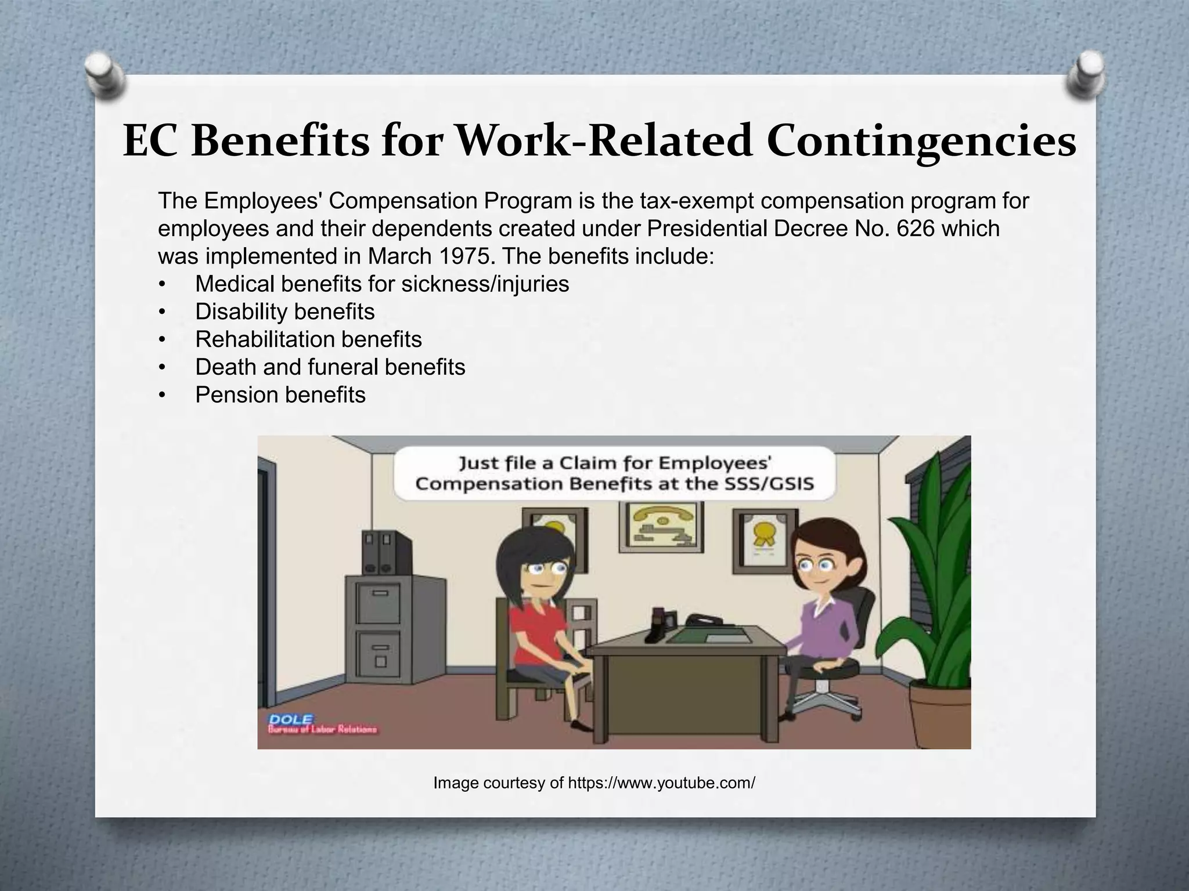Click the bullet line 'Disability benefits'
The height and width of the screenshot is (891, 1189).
pyautogui.click(x=284, y=312)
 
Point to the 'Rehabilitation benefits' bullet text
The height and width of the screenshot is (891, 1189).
pyautogui.click(x=308, y=339)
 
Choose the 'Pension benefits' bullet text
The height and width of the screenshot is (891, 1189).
pyautogui.click(x=280, y=395)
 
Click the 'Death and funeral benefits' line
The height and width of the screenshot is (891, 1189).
pyautogui.click(x=330, y=367)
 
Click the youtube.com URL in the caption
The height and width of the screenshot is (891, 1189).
pyautogui.click(x=661, y=783)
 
